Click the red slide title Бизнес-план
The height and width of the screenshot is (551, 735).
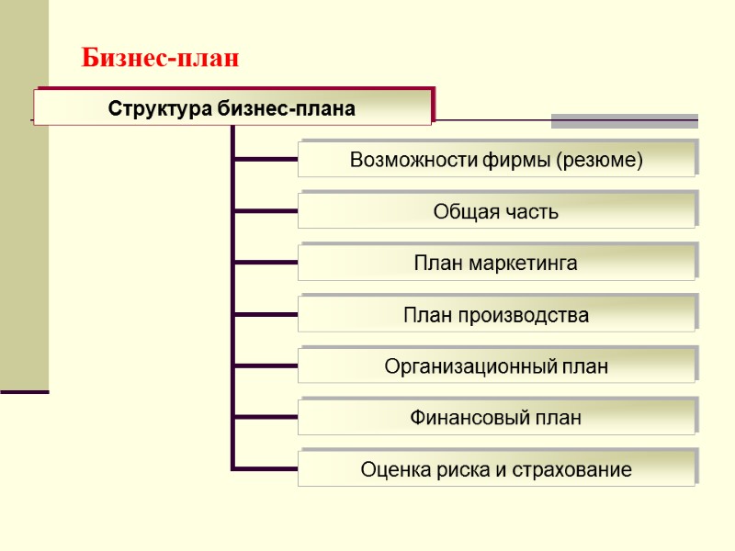(160, 59)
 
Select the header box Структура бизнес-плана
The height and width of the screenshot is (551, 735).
(232, 108)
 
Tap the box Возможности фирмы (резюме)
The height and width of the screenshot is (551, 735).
(496, 160)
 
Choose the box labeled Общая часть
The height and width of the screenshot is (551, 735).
(496, 212)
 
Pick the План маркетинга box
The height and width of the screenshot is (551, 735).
(496, 264)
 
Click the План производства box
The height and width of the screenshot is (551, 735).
(496, 316)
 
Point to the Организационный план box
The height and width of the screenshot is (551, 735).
(496, 367)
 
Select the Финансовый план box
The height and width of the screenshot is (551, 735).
(496, 419)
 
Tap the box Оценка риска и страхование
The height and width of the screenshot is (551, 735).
(496, 470)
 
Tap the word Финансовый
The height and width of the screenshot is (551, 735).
(467, 419)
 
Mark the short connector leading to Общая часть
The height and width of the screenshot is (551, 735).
(266, 212)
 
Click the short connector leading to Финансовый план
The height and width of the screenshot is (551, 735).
(266, 419)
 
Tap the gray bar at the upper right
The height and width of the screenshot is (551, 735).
(624, 121)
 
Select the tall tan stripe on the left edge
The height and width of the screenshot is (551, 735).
(24, 193)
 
